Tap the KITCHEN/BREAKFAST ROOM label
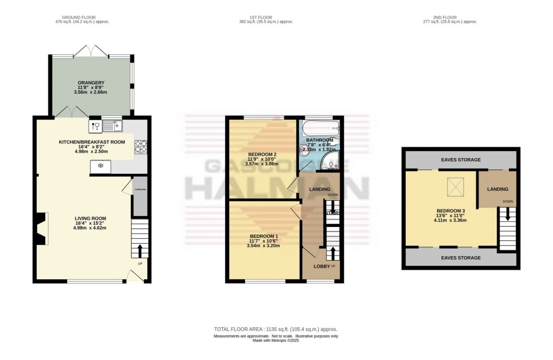(92, 142)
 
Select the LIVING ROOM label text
(90, 218)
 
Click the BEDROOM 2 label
(262, 154)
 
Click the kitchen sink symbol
(110, 125)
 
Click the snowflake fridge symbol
(100, 166)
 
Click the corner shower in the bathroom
(330, 163)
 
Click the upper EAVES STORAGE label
(460, 160)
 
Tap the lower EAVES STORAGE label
(460, 258)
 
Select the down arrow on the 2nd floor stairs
(508, 214)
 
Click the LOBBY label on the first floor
(322, 266)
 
